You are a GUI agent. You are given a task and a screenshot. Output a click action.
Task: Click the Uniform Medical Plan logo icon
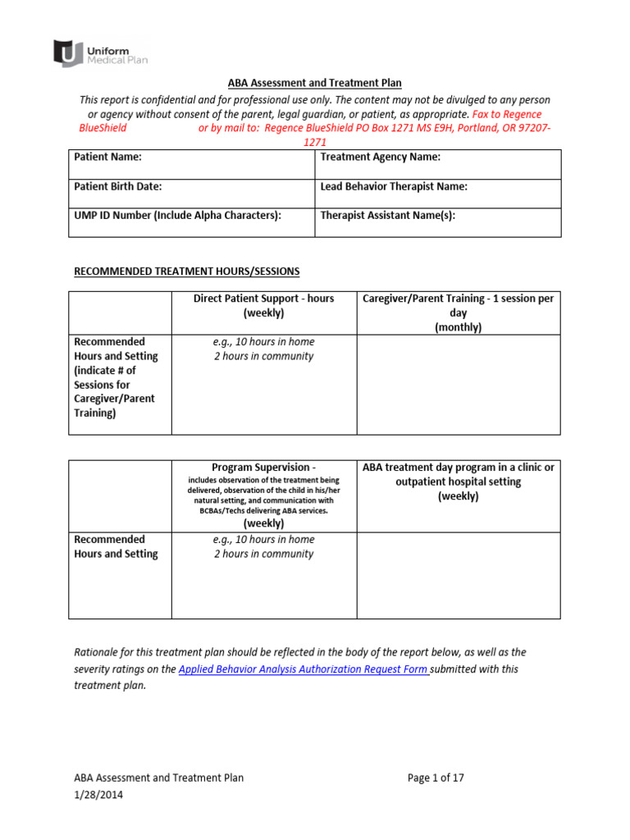pyautogui.click(x=67, y=53)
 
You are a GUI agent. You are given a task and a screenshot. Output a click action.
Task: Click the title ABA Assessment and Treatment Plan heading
pyautogui.click(x=314, y=83)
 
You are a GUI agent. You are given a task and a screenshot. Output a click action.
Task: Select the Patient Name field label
pyautogui.click(x=107, y=157)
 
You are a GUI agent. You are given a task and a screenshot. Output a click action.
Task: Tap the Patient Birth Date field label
pyautogui.click(x=118, y=186)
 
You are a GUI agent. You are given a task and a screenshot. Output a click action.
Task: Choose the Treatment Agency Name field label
pyautogui.click(x=381, y=157)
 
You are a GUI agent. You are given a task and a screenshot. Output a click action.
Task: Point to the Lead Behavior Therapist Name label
pyautogui.click(x=394, y=186)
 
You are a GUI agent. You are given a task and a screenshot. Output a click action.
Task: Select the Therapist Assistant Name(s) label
pyautogui.click(x=387, y=216)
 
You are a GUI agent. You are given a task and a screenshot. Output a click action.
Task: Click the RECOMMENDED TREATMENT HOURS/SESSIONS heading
pyautogui.click(x=187, y=271)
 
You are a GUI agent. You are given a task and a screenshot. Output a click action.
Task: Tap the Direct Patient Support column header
pyautogui.click(x=263, y=305)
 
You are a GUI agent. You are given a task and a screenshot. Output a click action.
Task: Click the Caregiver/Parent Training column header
pyautogui.click(x=459, y=312)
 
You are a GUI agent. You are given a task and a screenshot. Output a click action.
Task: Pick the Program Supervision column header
pyautogui.click(x=263, y=468)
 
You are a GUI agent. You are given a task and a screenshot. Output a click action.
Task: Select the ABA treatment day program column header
pyautogui.click(x=459, y=482)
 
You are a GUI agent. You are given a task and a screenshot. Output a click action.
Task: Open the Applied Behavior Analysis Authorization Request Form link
pyautogui.click(x=304, y=669)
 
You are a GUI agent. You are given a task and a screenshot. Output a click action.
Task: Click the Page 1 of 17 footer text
pyautogui.click(x=436, y=778)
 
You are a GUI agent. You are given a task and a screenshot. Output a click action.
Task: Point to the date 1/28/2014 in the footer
pyautogui.click(x=100, y=794)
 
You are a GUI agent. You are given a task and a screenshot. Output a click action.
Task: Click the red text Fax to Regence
pyautogui.click(x=506, y=114)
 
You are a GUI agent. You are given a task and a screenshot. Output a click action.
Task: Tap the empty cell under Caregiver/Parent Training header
pyautogui.click(x=459, y=384)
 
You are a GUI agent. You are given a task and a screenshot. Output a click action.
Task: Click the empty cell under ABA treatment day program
pyautogui.click(x=459, y=574)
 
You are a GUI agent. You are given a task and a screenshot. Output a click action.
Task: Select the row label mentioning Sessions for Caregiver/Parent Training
pyautogui.click(x=115, y=377)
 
